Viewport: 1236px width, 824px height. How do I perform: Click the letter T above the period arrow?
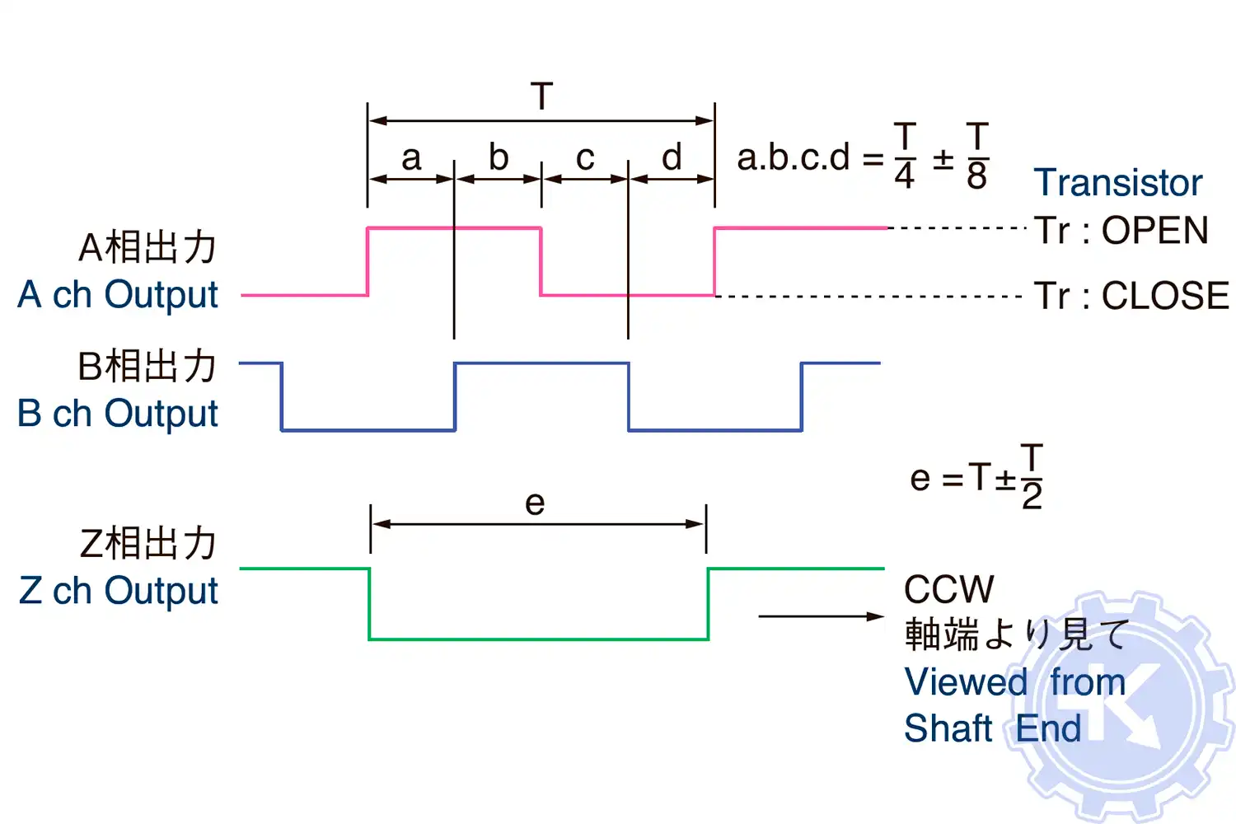click(541, 96)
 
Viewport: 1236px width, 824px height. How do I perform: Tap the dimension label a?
click(411, 157)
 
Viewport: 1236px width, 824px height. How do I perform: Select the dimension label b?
click(499, 157)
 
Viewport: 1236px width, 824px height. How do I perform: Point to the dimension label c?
click(585, 157)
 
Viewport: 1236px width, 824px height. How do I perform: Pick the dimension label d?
click(672, 157)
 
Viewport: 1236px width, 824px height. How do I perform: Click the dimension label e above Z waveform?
click(535, 502)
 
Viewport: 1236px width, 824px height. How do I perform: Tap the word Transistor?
click(1118, 183)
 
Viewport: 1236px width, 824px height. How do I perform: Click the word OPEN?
click(1154, 231)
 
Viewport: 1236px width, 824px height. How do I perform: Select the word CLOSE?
click(1165, 296)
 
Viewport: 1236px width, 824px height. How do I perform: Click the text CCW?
click(948, 590)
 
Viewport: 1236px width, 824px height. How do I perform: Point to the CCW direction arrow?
click(821, 616)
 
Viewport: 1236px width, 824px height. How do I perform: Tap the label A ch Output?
click(118, 295)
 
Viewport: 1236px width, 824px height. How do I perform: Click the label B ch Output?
click(118, 414)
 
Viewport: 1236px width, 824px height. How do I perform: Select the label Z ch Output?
click(118, 591)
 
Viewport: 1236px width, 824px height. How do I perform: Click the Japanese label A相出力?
click(147, 247)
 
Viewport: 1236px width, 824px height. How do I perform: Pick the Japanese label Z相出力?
click(147, 544)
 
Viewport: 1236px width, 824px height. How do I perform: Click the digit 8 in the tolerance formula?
click(976, 176)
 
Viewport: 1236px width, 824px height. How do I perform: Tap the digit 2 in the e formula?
click(1032, 496)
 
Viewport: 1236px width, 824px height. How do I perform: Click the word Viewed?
click(966, 682)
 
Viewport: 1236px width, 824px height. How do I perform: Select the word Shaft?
click(948, 728)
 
